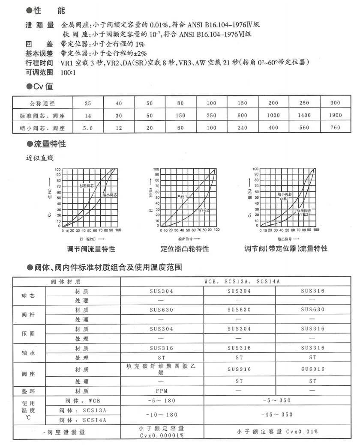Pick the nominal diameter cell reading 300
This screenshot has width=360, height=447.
point(336,103)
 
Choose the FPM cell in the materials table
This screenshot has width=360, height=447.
point(161,390)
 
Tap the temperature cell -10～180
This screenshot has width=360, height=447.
point(161,415)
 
